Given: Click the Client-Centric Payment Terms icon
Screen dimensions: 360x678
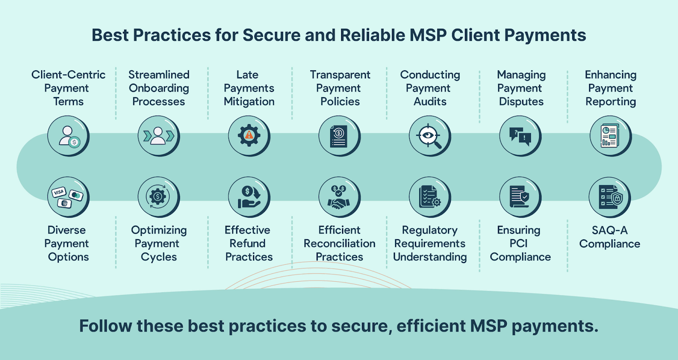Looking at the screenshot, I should point(68,136).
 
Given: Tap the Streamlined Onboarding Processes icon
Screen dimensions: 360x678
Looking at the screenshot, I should point(158,136).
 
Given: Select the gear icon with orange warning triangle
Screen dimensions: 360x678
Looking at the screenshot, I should point(249,136).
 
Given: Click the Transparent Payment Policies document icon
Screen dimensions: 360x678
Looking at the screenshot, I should point(339,136).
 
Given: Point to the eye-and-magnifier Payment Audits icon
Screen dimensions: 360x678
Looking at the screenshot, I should point(429,136).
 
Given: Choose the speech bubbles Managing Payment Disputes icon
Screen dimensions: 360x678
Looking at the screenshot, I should point(520,136).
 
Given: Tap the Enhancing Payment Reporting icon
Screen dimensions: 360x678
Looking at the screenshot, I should point(610,136).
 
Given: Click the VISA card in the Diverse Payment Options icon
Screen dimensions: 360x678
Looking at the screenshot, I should point(58,192).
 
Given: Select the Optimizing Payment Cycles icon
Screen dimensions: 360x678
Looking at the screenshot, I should point(158,197).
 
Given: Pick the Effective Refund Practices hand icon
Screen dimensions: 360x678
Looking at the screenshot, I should point(249,197).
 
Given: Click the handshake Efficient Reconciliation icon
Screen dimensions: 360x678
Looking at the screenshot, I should point(339,197).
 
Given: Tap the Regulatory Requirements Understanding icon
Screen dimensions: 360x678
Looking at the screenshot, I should point(429,197).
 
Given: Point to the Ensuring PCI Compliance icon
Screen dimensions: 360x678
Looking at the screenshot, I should point(520,197).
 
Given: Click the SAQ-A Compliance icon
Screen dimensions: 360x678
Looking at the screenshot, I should point(609,197).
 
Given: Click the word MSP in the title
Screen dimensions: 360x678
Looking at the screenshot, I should point(428,35).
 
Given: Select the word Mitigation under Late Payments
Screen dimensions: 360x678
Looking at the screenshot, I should point(249,102).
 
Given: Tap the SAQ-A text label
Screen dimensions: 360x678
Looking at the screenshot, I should point(609,230).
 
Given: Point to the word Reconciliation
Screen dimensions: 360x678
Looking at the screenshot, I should point(339,244).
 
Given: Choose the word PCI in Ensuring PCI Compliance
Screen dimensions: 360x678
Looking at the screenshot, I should point(519,244).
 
